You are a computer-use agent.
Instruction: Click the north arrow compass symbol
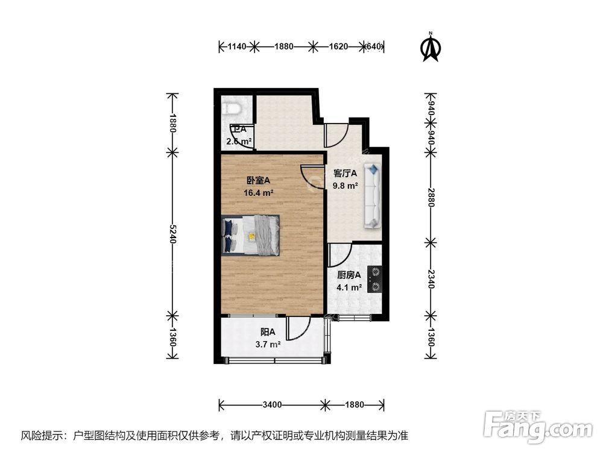tap(430, 47)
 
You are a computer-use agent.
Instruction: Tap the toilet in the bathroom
tap(232, 108)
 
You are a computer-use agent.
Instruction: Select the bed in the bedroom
tap(251, 235)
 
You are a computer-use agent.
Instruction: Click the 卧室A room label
tap(257, 180)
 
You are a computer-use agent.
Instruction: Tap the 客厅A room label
tap(346, 174)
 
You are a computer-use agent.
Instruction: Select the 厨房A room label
tap(349, 275)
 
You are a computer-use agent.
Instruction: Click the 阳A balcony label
tap(268, 332)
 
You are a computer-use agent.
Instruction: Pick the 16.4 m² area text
tap(259, 193)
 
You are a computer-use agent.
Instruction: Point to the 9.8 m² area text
tap(346, 186)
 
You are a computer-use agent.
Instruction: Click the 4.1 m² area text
tap(349, 288)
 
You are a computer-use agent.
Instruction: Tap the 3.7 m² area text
tap(268, 345)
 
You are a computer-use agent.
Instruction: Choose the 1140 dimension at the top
tap(236, 46)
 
